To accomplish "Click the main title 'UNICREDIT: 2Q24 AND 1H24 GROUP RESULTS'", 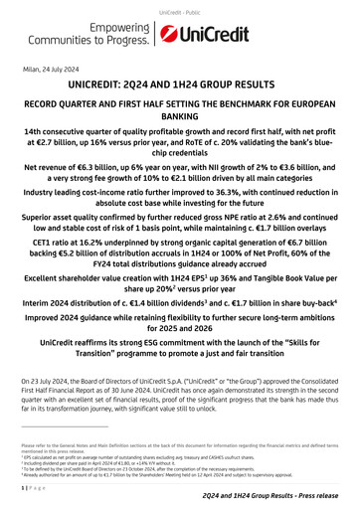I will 179,87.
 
